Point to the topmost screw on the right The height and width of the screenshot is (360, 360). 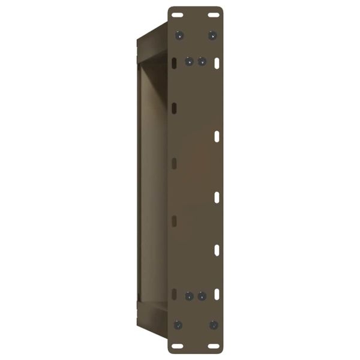tap(212, 35)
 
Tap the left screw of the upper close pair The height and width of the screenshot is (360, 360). tap(189, 61)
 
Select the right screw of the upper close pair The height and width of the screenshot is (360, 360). tap(202, 61)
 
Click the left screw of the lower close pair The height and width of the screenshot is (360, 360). tap(189, 296)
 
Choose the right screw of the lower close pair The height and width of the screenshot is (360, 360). tap(202, 296)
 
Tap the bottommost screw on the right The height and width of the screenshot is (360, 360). tap(212, 324)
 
